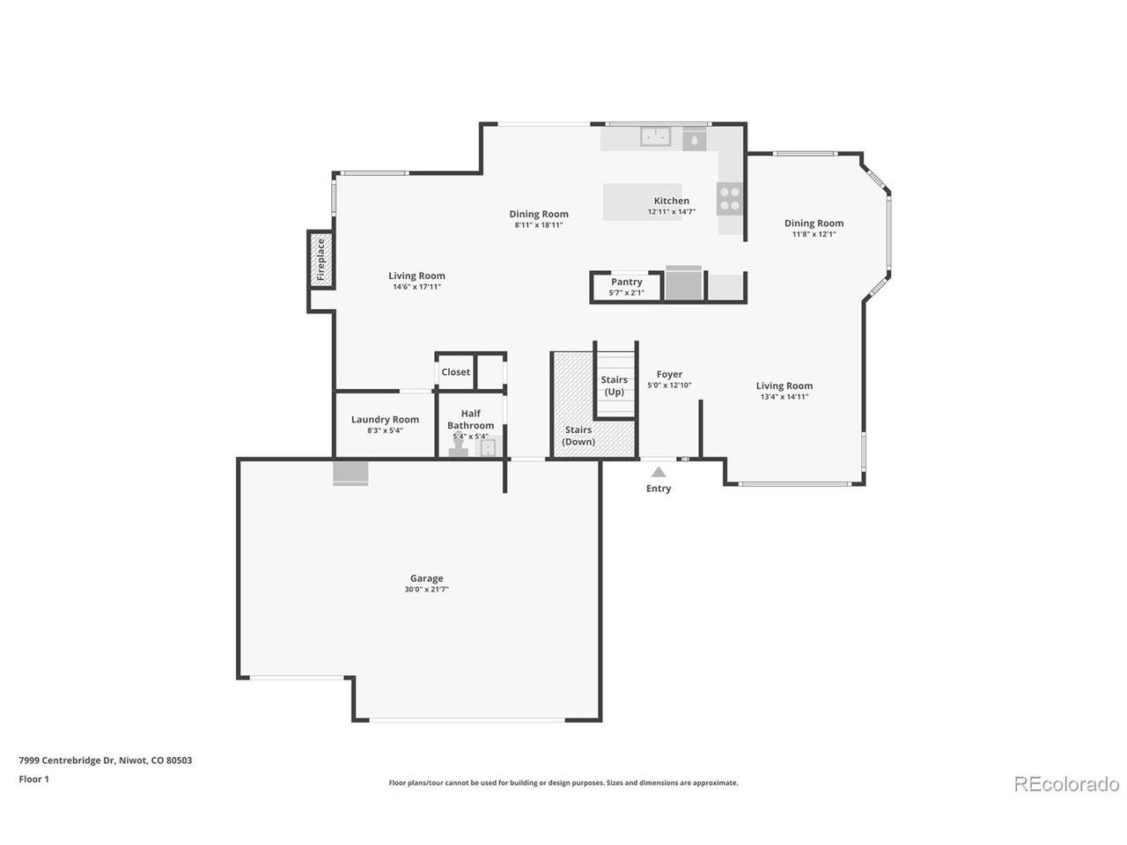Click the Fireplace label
coord(321,259)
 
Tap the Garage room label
coord(426,578)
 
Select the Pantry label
coord(627,282)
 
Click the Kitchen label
coord(671,201)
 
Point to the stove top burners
coord(729,197)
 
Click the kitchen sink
coord(655,136)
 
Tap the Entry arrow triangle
coord(659,473)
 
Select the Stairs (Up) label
coord(615,386)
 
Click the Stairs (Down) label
coord(579,436)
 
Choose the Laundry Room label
coord(385,420)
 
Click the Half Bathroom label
coord(470,419)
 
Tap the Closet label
coord(455,372)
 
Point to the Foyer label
coord(669,374)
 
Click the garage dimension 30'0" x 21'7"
coord(426,590)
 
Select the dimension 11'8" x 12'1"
coord(814,234)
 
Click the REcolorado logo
coord(1065,783)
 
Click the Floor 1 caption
coord(34,779)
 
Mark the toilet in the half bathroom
coord(458,450)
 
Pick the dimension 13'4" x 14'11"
coord(784,397)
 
